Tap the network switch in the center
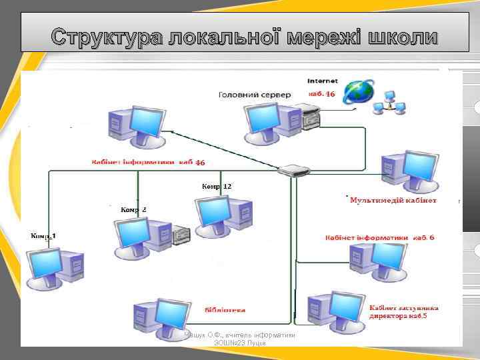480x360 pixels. point(293,171)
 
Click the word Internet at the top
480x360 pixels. point(322,81)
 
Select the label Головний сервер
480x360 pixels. point(255,95)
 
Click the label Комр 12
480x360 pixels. point(217,187)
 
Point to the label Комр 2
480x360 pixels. point(133,210)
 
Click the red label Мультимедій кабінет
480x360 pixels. point(393,200)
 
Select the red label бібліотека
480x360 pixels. point(225,310)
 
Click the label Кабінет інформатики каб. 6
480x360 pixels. point(380,238)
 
